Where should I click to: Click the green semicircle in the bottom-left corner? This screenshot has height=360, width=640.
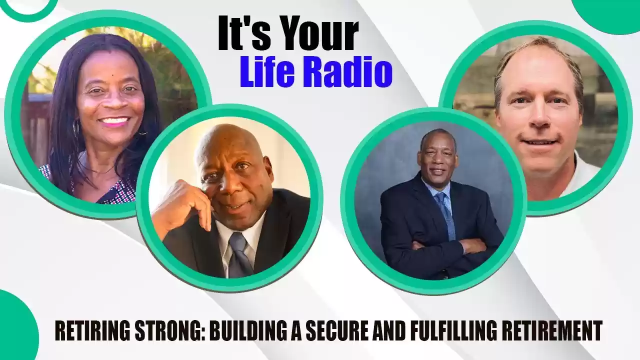pos(17,325)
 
